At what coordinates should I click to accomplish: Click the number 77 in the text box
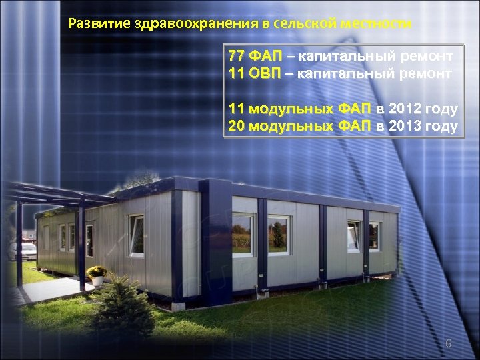tap(236, 55)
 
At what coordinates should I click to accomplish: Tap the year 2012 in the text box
tap(405, 109)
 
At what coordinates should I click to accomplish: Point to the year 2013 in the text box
tap(405, 127)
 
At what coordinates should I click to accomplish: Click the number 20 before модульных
tap(236, 127)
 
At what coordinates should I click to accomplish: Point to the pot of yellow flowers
tap(97, 273)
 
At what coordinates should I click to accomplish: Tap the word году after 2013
tap(441, 127)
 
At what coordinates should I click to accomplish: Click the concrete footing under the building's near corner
tap(180, 306)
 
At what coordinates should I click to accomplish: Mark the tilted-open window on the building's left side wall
tap(137, 235)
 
